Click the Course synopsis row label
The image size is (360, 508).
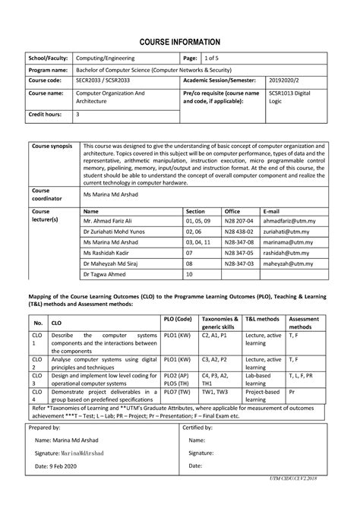(x=52, y=146)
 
